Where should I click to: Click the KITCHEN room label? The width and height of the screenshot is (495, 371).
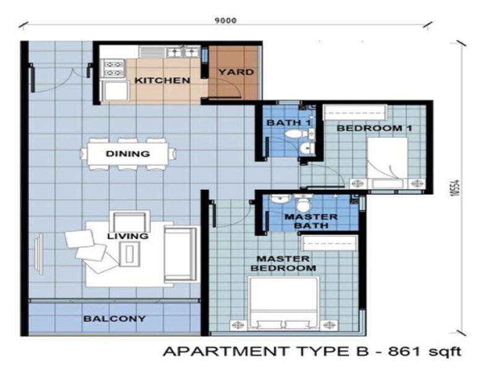(x=162, y=80)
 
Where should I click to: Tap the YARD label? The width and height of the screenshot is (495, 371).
(x=236, y=72)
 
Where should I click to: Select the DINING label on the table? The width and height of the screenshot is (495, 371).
(x=128, y=154)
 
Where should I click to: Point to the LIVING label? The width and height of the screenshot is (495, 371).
(x=127, y=236)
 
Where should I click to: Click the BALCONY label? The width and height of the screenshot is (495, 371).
(x=115, y=319)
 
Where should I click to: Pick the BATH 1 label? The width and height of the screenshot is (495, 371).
(x=288, y=122)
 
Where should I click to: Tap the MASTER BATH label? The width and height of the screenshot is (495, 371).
(x=311, y=221)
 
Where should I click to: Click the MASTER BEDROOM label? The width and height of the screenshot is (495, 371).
(x=286, y=263)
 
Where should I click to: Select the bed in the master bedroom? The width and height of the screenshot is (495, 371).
(x=284, y=303)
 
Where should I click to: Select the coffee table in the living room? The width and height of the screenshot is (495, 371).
(x=130, y=252)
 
